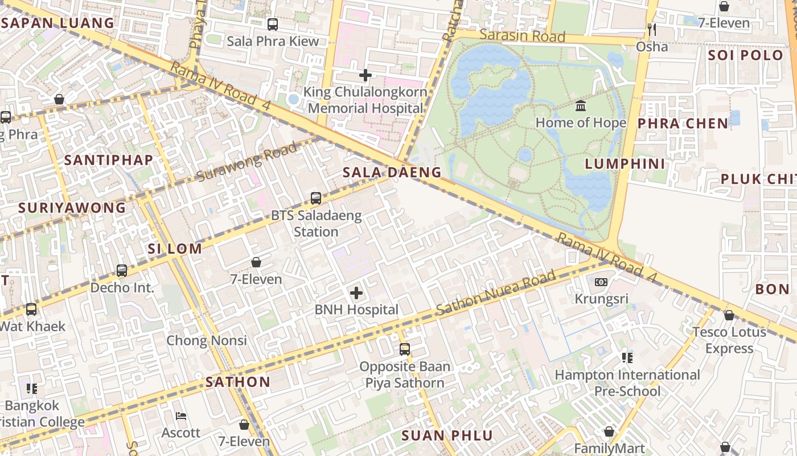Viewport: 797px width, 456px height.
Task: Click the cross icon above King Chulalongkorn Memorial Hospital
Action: pos(365,75)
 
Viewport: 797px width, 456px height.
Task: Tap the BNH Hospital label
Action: pos(356,310)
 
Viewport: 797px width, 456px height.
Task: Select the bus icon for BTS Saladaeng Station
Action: pos(316,198)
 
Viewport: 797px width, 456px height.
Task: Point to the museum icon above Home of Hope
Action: pos(581,106)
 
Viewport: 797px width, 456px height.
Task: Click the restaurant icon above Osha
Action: pos(652,29)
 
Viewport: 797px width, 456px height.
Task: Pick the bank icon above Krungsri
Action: pos(601,282)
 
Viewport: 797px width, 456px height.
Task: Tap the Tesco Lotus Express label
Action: pos(729,340)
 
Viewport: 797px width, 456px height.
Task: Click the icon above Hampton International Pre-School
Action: pos(627,358)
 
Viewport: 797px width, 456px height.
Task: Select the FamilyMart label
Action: pos(609,449)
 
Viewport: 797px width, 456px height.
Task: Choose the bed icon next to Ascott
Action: pos(181,416)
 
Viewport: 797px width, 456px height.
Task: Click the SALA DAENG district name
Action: pos(392,172)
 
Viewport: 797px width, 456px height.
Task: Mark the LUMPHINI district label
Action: pos(625,164)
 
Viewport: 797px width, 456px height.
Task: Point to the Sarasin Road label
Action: pos(522,36)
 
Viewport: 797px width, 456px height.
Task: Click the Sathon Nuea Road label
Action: pos(495,294)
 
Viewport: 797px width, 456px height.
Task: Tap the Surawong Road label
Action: pos(247,162)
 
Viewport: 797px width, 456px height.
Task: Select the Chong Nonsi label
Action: pos(207,341)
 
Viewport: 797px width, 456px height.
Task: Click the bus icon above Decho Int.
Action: pos(122,271)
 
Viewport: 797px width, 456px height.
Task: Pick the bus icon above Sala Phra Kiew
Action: pos(273,25)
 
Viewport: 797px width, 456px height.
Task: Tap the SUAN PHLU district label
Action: pos(447,436)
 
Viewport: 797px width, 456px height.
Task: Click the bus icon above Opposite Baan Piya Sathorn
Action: pos(405,349)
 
